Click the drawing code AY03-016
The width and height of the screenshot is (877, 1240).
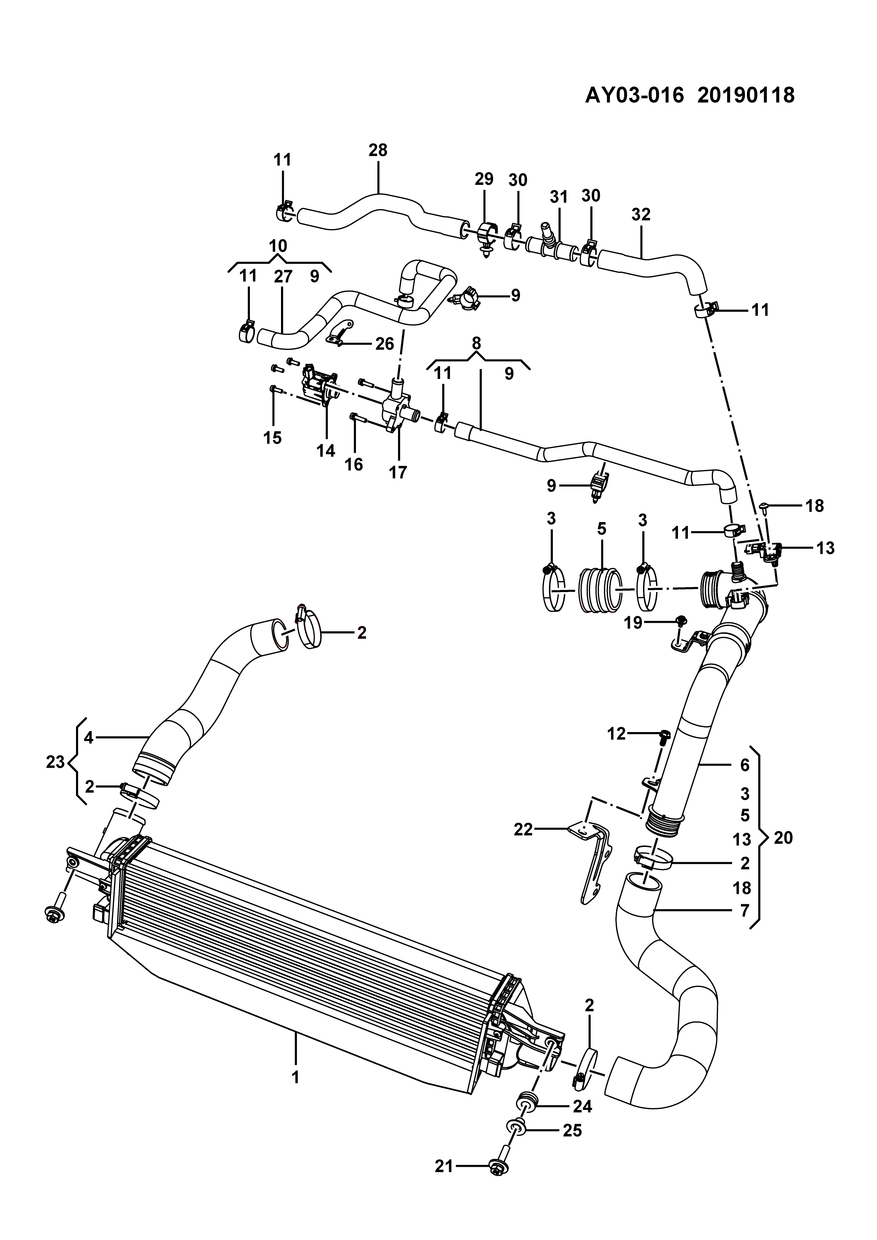[x=635, y=95]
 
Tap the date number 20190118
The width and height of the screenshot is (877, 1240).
[x=746, y=95]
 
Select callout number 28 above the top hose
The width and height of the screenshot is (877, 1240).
[x=378, y=150]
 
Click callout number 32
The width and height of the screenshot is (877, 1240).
[x=641, y=215]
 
